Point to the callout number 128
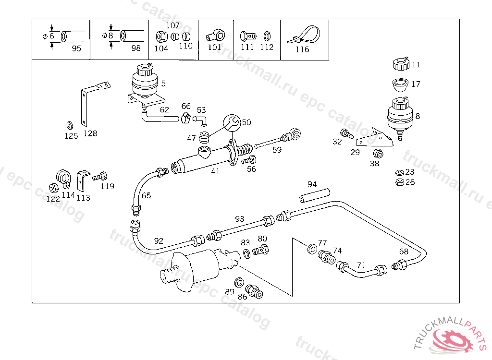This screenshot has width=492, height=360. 90,133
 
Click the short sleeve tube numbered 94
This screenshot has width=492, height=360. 315,195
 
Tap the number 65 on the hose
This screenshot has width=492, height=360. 146,195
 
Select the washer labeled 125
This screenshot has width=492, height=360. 69,126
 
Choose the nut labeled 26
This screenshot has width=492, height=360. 398,182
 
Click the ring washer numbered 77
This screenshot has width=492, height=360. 311,249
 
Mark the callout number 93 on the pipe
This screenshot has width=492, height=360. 239,219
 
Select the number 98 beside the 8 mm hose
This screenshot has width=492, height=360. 136,48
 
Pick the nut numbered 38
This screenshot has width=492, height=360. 378,154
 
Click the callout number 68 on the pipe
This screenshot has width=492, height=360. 404,251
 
